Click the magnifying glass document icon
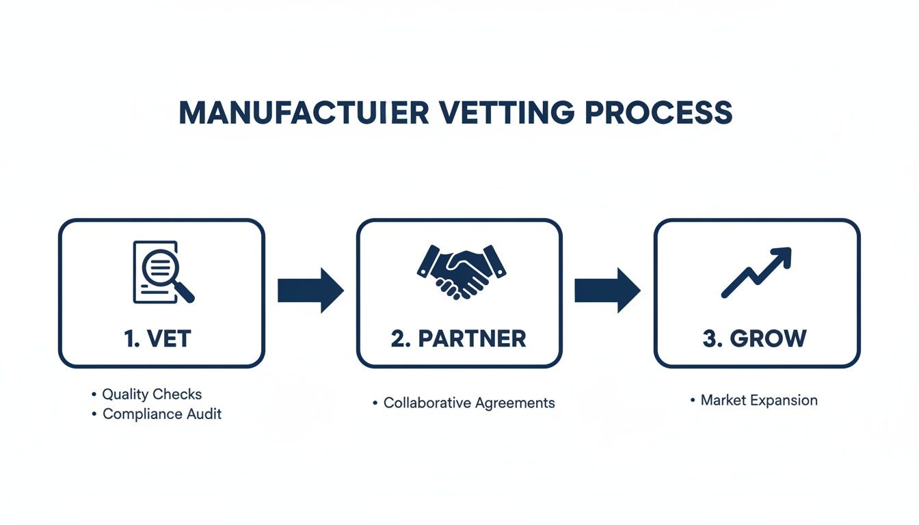pos(162,271)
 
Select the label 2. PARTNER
pos(459,338)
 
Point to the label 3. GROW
pos(755,338)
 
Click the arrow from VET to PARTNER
pos(310,291)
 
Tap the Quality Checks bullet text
pos(152,394)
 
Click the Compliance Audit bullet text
pos(162,414)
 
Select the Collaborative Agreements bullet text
pos(469,403)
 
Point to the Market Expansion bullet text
pos(759,401)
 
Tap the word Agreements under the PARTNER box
pos(514,403)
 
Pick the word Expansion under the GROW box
pos(788,401)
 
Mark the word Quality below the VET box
pos(125,394)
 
